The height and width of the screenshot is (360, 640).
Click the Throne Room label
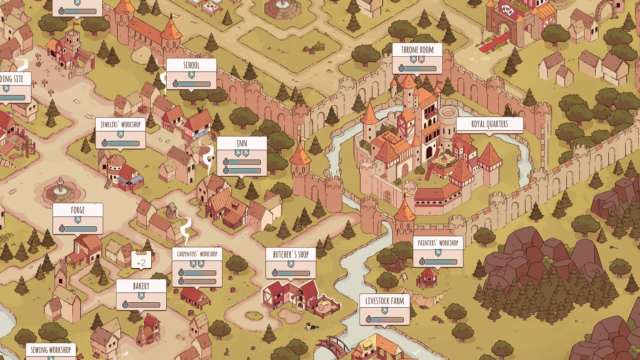(417, 50)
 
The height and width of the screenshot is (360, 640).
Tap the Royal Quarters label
(489, 124)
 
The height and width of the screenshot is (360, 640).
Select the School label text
(191, 65)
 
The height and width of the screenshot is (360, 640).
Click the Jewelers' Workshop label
(120, 125)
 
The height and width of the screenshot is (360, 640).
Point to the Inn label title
(242, 144)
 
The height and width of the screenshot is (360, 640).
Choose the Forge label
(78, 210)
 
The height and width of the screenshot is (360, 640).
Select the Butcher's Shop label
(291, 255)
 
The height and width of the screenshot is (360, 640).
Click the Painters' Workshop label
(438, 243)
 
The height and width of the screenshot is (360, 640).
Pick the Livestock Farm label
(384, 301)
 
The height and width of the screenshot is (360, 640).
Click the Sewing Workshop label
(51, 350)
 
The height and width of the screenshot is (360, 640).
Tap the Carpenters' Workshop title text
(197, 254)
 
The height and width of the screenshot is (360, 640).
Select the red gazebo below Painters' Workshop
(427, 278)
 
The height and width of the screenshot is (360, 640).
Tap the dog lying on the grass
(312, 327)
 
